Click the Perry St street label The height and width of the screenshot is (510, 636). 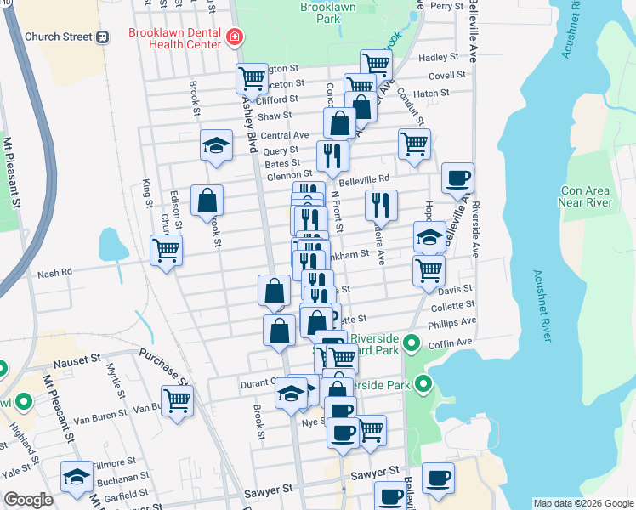pyautogui.click(x=446, y=6)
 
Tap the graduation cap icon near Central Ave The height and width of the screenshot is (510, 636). pyautogui.click(x=216, y=145)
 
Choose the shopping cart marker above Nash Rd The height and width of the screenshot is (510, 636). pyautogui.click(x=166, y=251)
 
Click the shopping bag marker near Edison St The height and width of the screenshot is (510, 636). pyautogui.click(x=207, y=201)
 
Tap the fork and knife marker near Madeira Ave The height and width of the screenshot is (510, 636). pyautogui.click(x=380, y=205)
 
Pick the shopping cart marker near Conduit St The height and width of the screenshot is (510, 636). pyautogui.click(x=414, y=144)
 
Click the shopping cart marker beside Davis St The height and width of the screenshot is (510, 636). pyautogui.click(x=429, y=271)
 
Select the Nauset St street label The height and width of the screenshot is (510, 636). pyautogui.click(x=77, y=363)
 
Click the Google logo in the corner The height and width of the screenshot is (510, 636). pyautogui.click(x=27, y=501)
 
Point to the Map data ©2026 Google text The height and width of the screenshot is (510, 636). pyautogui.click(x=582, y=503)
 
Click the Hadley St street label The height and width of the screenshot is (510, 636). pyautogui.click(x=439, y=58)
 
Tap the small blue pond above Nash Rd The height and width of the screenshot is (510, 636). pyautogui.click(x=112, y=245)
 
